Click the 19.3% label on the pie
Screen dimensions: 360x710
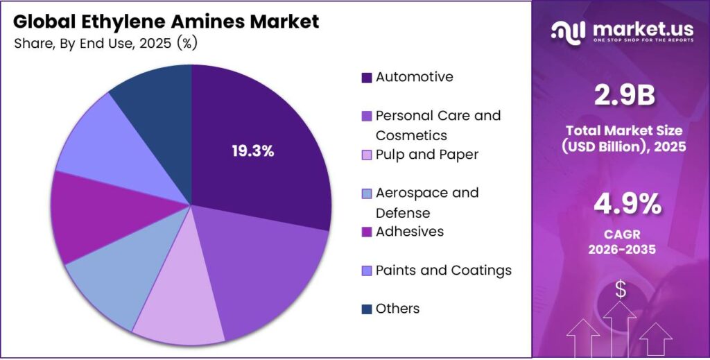click(253, 151)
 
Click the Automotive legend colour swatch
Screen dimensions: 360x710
click(366, 78)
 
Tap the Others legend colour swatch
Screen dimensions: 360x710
click(366, 309)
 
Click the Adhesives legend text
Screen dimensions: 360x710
click(409, 232)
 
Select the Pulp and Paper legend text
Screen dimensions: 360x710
click(426, 155)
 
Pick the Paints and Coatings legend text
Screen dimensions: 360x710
click(443, 271)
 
